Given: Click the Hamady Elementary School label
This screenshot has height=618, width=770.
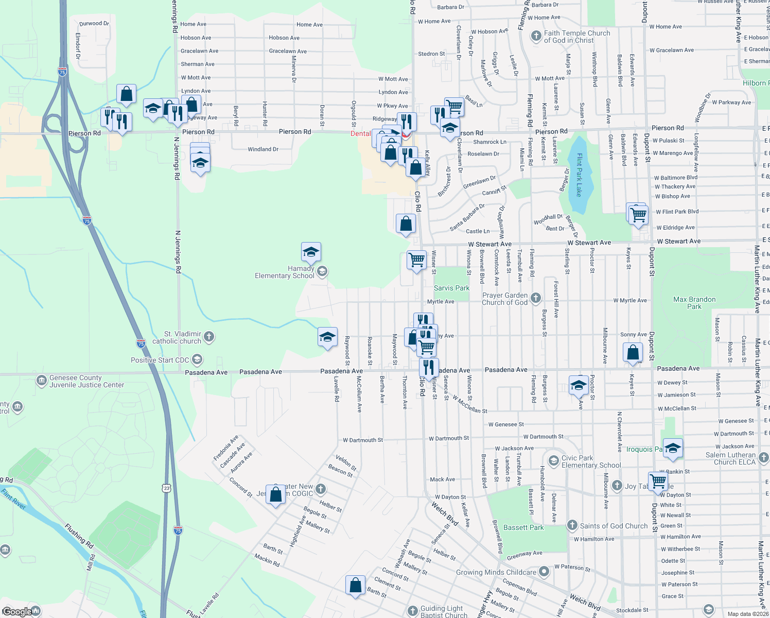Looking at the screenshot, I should pyautogui.click(x=285, y=272).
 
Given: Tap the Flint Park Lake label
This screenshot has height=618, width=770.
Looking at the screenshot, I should pyautogui.click(x=579, y=175).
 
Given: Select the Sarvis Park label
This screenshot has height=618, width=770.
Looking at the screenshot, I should pyautogui.click(x=451, y=288).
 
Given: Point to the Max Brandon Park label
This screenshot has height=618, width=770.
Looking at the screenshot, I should pyautogui.click(x=694, y=303).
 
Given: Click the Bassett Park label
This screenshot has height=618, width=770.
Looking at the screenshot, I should pyautogui.click(x=523, y=528).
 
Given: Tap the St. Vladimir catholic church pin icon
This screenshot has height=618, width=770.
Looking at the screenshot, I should pyautogui.click(x=208, y=337).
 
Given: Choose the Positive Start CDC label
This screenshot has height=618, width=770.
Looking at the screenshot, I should pyautogui.click(x=160, y=360).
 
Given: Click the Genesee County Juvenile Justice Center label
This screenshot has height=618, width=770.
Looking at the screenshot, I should pyautogui.click(x=86, y=382).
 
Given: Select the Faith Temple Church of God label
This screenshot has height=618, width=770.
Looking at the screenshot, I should pyautogui.click(x=577, y=37).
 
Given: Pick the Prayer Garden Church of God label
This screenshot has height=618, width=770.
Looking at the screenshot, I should pyautogui.click(x=504, y=299).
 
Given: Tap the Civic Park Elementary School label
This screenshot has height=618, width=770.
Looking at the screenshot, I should pyautogui.click(x=591, y=462).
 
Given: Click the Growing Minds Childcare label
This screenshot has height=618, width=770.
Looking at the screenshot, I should pyautogui.click(x=496, y=573).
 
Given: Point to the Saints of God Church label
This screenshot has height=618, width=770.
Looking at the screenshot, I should pyautogui.click(x=614, y=526).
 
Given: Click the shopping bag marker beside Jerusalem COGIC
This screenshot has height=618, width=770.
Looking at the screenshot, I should pyautogui.click(x=276, y=494).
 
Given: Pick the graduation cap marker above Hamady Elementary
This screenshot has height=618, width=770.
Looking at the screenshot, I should pyautogui.click(x=311, y=252).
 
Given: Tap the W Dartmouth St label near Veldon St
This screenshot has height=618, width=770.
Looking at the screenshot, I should pyautogui.click(x=363, y=440).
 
